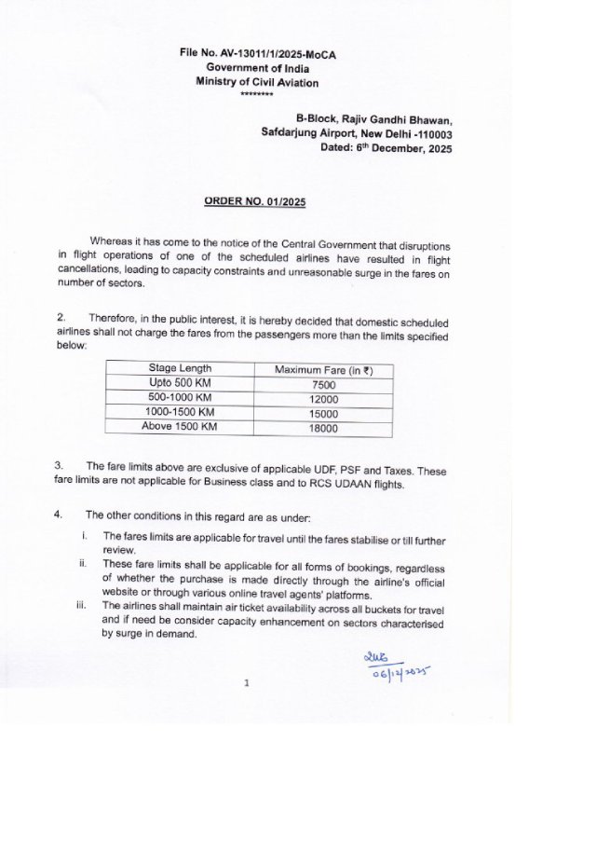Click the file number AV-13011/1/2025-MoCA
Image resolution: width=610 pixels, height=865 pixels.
pos(258,54)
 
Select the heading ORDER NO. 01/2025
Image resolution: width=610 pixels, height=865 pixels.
pos(255,201)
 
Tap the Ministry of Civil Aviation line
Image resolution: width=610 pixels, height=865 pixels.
pos(256,82)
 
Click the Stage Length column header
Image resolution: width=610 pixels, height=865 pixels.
pos(180,369)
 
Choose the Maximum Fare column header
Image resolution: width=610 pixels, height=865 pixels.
pos(323,370)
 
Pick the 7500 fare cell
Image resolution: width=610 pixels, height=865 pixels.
pos(323,384)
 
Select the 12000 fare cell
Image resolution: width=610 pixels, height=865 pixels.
pos(323,399)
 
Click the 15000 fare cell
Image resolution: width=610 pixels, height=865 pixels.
pos(323,414)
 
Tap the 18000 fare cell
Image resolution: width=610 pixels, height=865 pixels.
pos(323,429)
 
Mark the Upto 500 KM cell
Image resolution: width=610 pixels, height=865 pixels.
pos(180,383)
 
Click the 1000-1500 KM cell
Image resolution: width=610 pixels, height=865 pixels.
pos(180,412)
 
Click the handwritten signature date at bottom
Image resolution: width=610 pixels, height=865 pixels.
pos(398,672)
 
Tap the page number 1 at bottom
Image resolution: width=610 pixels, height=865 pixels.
pos(246,683)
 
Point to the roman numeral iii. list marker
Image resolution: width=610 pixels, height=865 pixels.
pos(81,605)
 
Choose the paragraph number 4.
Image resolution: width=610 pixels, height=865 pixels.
pos(59,515)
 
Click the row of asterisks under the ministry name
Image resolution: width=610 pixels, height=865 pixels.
pos(256,95)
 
